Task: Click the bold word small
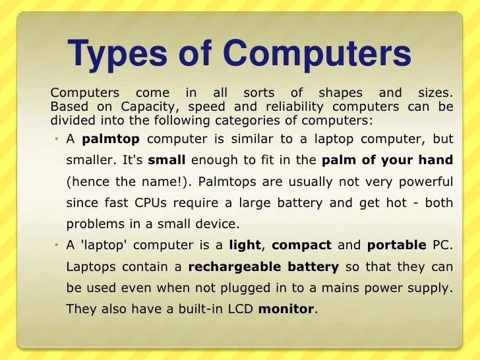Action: click(167, 160)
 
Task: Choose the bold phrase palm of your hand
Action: click(387, 160)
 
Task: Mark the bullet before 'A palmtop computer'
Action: click(57, 139)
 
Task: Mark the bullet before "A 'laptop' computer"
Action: click(57, 245)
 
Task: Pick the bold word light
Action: click(245, 245)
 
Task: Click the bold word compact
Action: click(301, 245)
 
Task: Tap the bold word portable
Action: click(396, 245)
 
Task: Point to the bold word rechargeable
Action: click(227, 266)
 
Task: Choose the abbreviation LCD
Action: click(238, 308)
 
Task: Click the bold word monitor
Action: click(287, 308)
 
